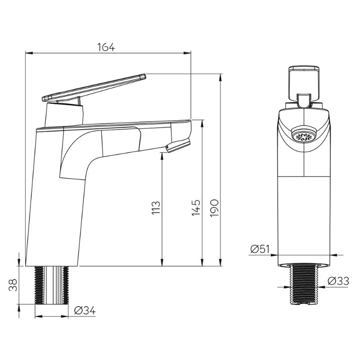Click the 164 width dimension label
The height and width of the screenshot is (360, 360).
click(107, 47)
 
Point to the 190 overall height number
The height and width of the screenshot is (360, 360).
click(214, 208)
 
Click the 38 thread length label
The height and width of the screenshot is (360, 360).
click(13, 285)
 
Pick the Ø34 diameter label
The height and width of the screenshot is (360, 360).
click(84, 310)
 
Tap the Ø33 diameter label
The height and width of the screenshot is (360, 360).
click(337, 281)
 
